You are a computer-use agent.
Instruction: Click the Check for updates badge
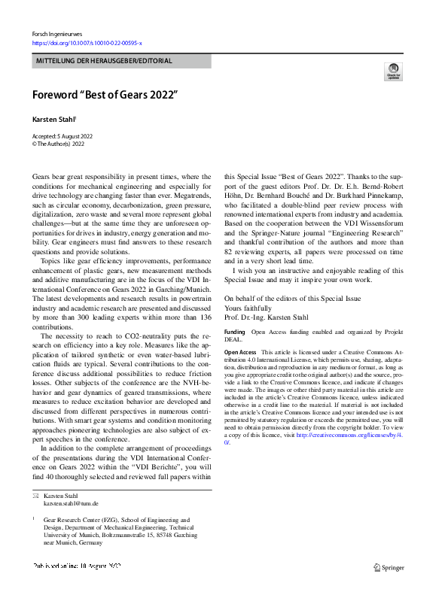393,71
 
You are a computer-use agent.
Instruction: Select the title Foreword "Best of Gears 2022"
104,96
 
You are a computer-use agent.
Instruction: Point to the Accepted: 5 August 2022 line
62,135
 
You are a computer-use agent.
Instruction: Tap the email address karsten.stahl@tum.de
71,503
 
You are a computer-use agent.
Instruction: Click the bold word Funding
235,332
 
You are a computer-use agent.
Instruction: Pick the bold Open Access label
241,352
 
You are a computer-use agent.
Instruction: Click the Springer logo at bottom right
389,569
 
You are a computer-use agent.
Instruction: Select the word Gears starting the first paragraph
43,176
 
